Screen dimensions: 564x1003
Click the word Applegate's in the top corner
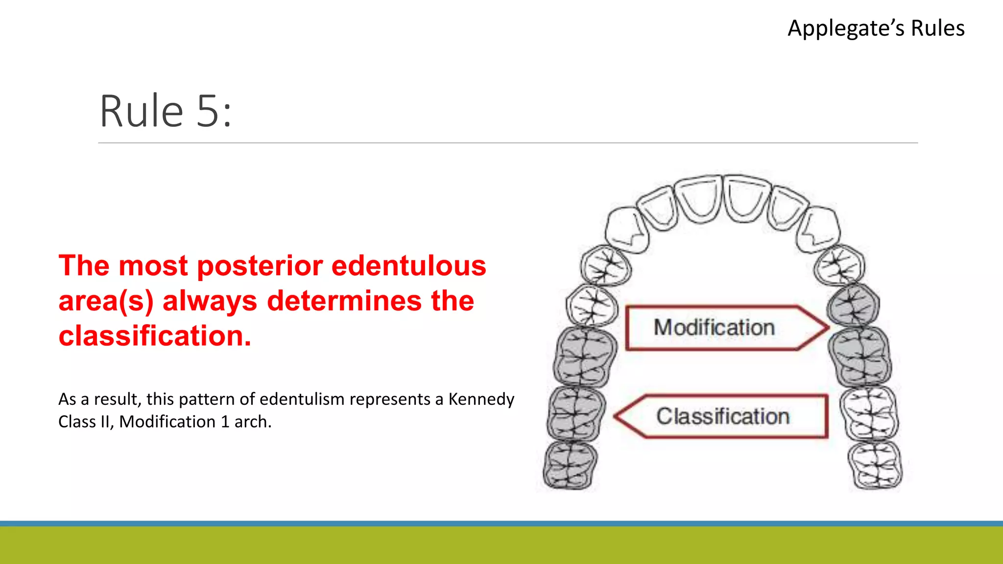pyautogui.click(x=846, y=28)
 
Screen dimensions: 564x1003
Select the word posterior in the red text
pyautogui.click(x=260, y=266)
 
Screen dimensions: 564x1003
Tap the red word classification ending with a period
pyautogui.click(x=155, y=336)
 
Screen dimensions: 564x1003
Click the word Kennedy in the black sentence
pyautogui.click(x=481, y=399)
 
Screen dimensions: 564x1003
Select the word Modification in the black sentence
pyautogui.click(x=167, y=422)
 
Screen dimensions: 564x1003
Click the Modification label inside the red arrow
pyautogui.click(x=714, y=328)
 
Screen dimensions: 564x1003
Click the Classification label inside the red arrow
pyautogui.click(x=723, y=417)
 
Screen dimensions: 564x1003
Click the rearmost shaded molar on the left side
pyautogui.click(x=570, y=465)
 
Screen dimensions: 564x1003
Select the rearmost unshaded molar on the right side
pyautogui.click(x=875, y=465)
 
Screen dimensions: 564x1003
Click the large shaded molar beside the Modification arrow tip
pyautogui.click(x=860, y=356)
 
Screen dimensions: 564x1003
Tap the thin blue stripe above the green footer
pyautogui.click(x=501, y=523)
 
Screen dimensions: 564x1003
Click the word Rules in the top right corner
pyautogui.click(x=937, y=28)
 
